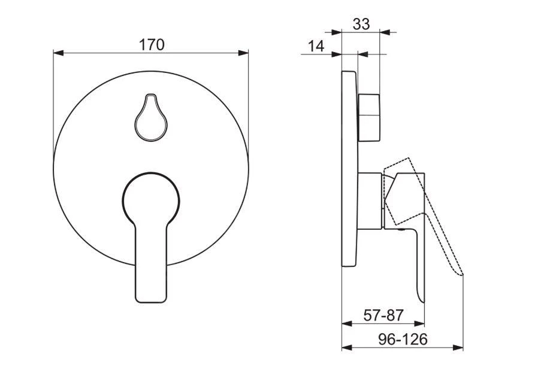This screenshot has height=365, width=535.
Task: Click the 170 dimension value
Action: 152,44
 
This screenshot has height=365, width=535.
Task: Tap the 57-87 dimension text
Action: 384,315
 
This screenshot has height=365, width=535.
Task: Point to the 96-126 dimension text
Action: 403,339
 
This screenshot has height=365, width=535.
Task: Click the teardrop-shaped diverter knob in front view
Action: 150,118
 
